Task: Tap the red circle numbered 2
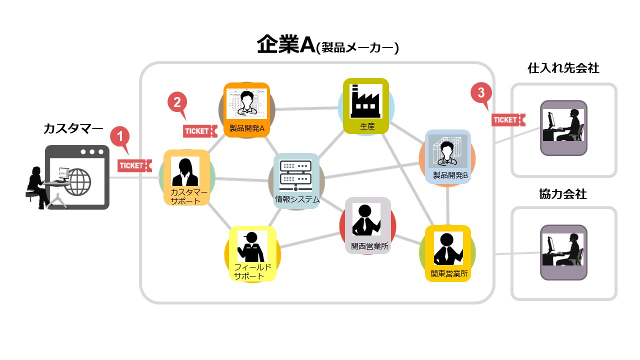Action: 176,102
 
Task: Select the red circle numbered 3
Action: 480,92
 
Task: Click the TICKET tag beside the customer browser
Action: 134,165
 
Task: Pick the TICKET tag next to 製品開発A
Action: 199,131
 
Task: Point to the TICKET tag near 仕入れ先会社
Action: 508,120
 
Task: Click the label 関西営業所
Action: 367,246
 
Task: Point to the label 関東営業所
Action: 448,273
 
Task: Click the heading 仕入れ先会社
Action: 563,68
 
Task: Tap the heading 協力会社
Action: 563,194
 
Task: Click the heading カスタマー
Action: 73,128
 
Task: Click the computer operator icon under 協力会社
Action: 563,251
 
